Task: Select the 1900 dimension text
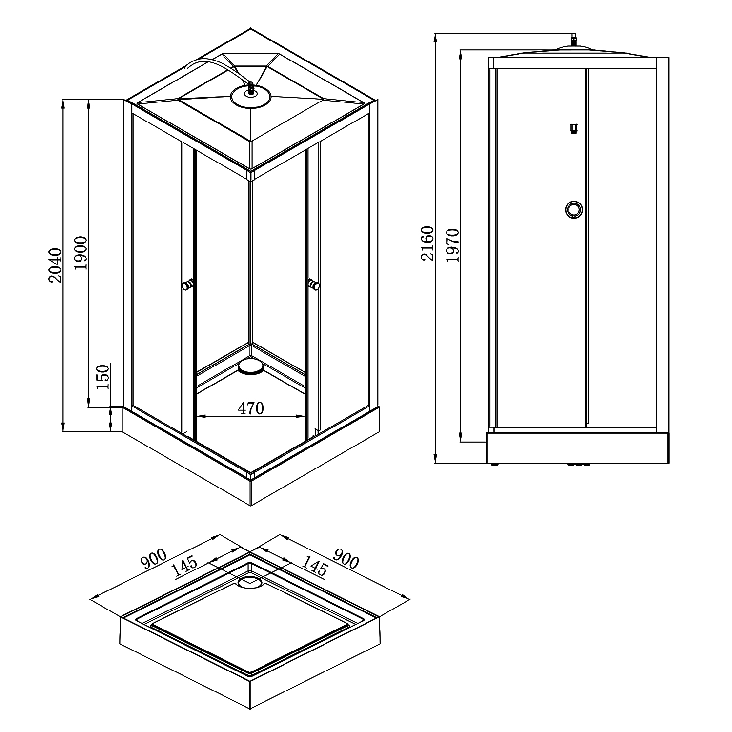pos(81,253)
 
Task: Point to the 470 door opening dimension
pos(251,408)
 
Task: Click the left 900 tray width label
pos(155,560)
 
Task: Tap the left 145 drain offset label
pos(185,568)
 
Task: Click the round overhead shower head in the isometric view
pos(251,97)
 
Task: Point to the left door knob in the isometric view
pos(187,285)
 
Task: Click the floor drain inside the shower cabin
pos(251,366)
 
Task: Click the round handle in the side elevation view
pos(573,210)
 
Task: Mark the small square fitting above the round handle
pos(574,129)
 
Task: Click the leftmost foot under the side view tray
pos(495,464)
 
